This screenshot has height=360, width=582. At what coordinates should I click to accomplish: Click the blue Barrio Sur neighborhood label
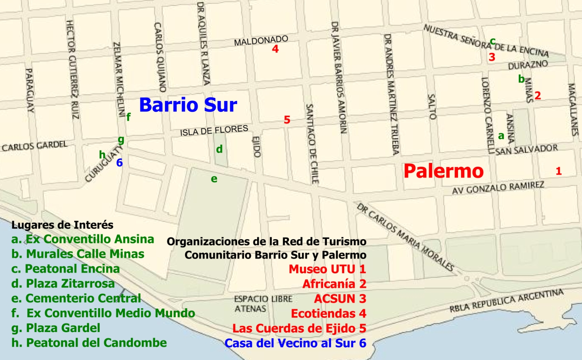tap(188, 105)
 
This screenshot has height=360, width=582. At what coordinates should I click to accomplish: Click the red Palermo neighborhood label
tap(444, 171)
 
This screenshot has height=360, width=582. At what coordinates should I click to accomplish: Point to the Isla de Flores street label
tap(214, 131)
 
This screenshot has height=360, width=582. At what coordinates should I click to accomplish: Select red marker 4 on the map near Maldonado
tap(275, 49)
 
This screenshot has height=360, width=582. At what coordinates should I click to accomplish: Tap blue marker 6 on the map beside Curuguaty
tap(119, 163)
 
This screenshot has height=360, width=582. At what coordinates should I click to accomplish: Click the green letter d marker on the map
tap(219, 149)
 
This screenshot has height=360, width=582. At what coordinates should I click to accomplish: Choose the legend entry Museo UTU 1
tap(327, 269)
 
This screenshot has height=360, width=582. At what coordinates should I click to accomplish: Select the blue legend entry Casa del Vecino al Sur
tap(295, 343)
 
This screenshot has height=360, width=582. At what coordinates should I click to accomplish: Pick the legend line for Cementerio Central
tap(76, 298)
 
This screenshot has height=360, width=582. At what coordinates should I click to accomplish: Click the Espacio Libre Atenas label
tap(263, 304)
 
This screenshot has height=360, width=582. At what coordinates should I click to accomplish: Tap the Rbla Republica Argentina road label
tap(506, 301)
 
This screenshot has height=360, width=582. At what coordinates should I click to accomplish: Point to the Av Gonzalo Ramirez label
tap(498, 188)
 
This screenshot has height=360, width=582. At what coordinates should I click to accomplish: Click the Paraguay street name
tap(30, 90)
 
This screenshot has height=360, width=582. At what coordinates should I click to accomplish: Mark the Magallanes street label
tap(572, 110)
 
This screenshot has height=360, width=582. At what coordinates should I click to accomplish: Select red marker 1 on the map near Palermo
tap(559, 171)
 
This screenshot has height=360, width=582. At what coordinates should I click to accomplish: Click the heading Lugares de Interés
tap(63, 225)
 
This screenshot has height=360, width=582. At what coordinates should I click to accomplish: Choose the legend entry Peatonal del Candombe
tap(89, 343)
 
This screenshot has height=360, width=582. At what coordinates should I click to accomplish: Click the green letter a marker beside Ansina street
tap(501, 136)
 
